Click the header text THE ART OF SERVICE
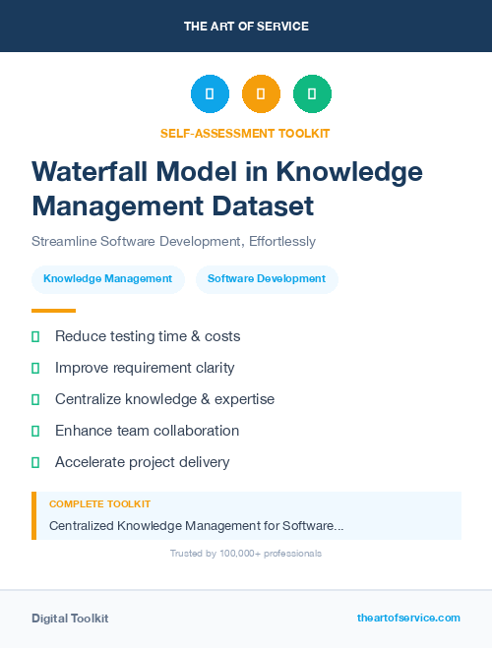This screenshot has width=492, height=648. [x=246, y=27]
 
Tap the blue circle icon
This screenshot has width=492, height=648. [x=210, y=93]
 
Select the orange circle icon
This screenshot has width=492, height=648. [x=261, y=93]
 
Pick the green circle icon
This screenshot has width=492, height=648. [x=312, y=93]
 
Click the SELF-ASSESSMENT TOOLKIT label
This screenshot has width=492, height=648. [x=246, y=133]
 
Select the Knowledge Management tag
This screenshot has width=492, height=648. [x=107, y=279]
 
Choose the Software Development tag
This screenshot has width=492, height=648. [x=267, y=279]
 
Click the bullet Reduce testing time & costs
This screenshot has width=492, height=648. [x=148, y=336]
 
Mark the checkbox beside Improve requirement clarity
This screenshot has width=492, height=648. [x=35, y=368]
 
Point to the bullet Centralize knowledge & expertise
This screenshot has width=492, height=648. [x=164, y=399]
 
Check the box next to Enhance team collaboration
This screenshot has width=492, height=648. [x=35, y=431]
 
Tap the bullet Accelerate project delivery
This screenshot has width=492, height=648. [x=142, y=462]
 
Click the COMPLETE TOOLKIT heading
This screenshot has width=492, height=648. [x=99, y=503]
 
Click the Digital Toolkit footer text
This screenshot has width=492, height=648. [x=70, y=619]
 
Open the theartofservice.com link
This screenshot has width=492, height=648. [x=408, y=618]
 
